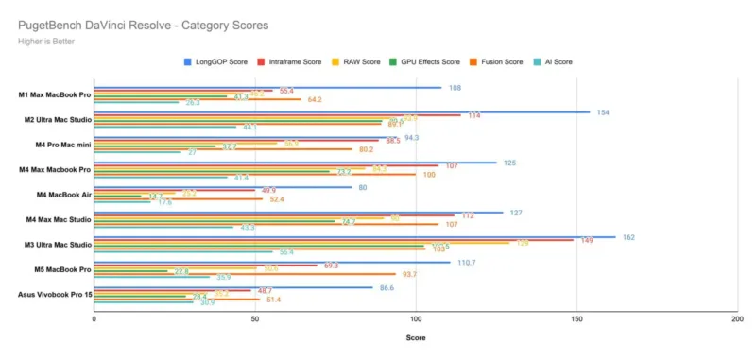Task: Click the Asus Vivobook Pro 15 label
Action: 55,294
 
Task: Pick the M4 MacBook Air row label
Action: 59,195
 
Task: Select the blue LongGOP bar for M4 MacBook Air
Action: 222,187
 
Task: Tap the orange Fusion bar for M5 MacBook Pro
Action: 245,274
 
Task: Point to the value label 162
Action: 628,236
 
